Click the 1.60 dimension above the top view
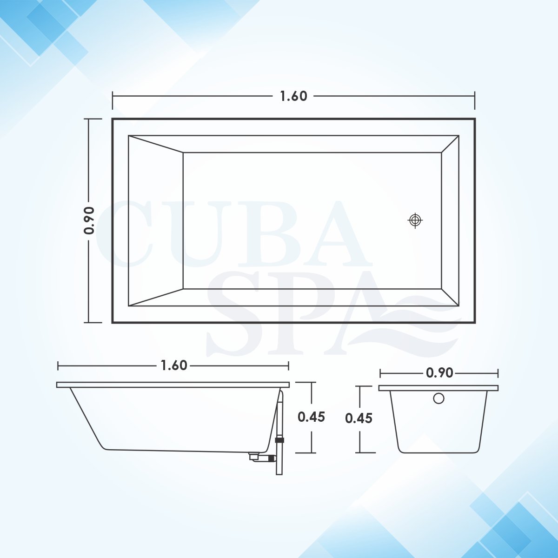pos(293,96)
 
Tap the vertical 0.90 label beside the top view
pos(89,220)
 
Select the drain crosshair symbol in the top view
pos(415,220)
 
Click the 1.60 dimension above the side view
pos(174,366)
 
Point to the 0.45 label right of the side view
pos(311,417)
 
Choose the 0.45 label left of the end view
pos(359,418)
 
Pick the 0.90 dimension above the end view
pos(439,373)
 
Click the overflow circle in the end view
pos(438,399)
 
